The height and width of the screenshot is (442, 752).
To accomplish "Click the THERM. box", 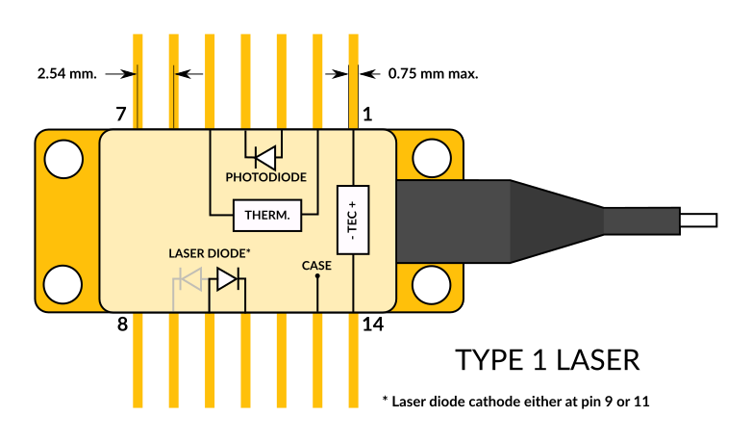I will [x=267, y=216].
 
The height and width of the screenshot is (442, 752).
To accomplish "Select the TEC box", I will [x=353, y=220].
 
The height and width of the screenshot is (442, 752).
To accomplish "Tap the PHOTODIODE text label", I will [x=266, y=178].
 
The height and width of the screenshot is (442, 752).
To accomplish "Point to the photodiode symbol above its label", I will [x=264, y=156].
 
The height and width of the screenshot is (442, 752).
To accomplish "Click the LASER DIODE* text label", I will [x=210, y=253].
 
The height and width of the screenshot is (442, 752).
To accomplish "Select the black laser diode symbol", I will [x=227, y=279].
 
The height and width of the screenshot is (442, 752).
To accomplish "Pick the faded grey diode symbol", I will [x=189, y=279].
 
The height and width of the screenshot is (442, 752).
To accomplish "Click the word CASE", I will [x=316, y=266].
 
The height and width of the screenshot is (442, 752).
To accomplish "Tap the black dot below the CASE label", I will [x=317, y=277].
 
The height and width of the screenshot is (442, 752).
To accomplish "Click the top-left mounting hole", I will [x=64, y=159].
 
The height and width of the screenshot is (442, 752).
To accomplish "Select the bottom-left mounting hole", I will [x=64, y=285].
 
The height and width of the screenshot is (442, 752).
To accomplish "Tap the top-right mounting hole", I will [x=432, y=159].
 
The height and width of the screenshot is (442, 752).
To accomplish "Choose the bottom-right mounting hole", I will [x=432, y=285].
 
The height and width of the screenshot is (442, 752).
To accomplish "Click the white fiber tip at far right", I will [x=698, y=221].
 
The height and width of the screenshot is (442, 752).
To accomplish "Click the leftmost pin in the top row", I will [x=138, y=81].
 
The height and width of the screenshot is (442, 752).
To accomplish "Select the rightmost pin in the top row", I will [x=353, y=81].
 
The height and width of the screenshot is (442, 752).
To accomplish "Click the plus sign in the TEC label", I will [x=353, y=204].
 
